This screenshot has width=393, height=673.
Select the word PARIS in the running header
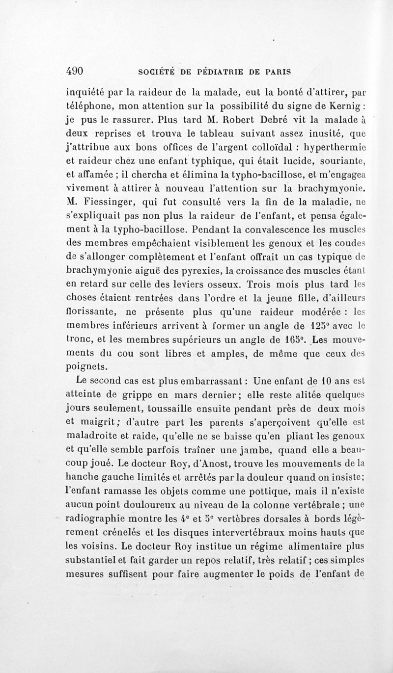pos(276,71)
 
